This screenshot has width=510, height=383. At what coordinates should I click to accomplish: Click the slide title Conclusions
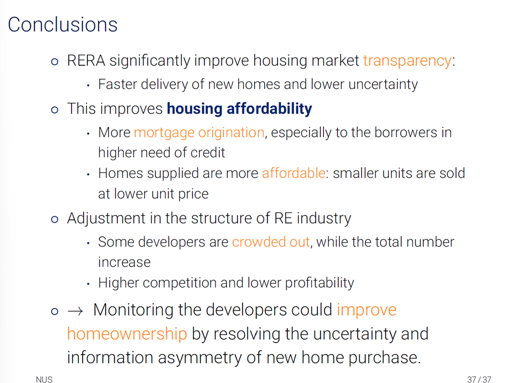63,25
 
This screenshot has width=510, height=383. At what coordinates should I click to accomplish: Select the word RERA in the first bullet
86,61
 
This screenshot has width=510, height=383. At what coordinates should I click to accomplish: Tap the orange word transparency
407,61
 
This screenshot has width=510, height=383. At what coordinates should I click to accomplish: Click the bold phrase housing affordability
239,109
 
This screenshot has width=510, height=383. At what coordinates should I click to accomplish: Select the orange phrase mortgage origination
199,133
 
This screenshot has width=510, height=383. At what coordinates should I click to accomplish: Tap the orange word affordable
294,173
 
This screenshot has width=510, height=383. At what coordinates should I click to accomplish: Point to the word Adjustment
106,218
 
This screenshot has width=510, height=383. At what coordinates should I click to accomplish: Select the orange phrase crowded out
271,242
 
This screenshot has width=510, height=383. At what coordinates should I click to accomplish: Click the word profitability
319,283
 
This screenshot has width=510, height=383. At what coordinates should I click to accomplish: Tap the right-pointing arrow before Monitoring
75,311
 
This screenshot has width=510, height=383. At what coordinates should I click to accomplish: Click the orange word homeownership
127,334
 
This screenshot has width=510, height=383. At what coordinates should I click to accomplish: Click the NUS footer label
44,379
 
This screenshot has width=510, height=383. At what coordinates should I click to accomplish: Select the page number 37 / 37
479,379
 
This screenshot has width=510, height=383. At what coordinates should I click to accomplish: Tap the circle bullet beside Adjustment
55,219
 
